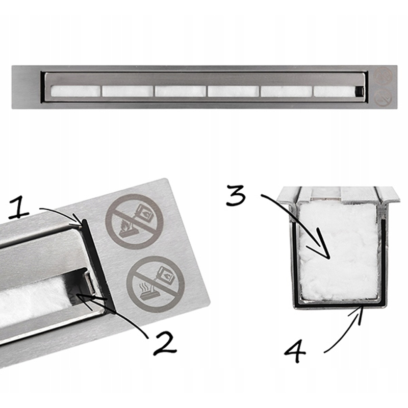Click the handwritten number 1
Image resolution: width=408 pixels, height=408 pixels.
pyautogui.click(x=18, y=207)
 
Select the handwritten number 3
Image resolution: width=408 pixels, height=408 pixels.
pyautogui.click(x=236, y=195)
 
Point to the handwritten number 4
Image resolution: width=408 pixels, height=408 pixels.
pyautogui.click(x=295, y=351)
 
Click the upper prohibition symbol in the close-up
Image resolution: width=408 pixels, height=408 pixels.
pyautogui.click(x=134, y=221)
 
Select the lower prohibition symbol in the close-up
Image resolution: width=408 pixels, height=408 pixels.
pyautogui.click(x=156, y=284)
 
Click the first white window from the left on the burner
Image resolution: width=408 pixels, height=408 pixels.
pyautogui.click(x=75, y=91)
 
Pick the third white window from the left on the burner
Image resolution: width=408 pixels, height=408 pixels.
pyautogui.click(x=181, y=91)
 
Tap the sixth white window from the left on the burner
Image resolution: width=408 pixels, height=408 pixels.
pyautogui.click(x=335, y=91)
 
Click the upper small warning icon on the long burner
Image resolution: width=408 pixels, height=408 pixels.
pyautogui.click(x=383, y=76)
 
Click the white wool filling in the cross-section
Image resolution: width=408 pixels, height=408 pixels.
pyautogui.click(x=339, y=251)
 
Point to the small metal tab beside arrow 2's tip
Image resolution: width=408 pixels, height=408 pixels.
pyautogui.click(x=90, y=283)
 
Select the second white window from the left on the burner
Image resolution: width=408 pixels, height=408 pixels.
pyautogui.click(x=127, y=91)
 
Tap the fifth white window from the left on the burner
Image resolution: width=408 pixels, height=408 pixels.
pyautogui.click(x=287, y=91)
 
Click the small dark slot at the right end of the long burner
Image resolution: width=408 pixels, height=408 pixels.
pyautogui.click(x=360, y=91)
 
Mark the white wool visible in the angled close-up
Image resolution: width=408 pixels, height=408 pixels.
pyautogui.click(x=34, y=299)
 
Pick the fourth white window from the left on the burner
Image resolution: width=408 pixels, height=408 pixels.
pyautogui.click(x=234, y=91)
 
